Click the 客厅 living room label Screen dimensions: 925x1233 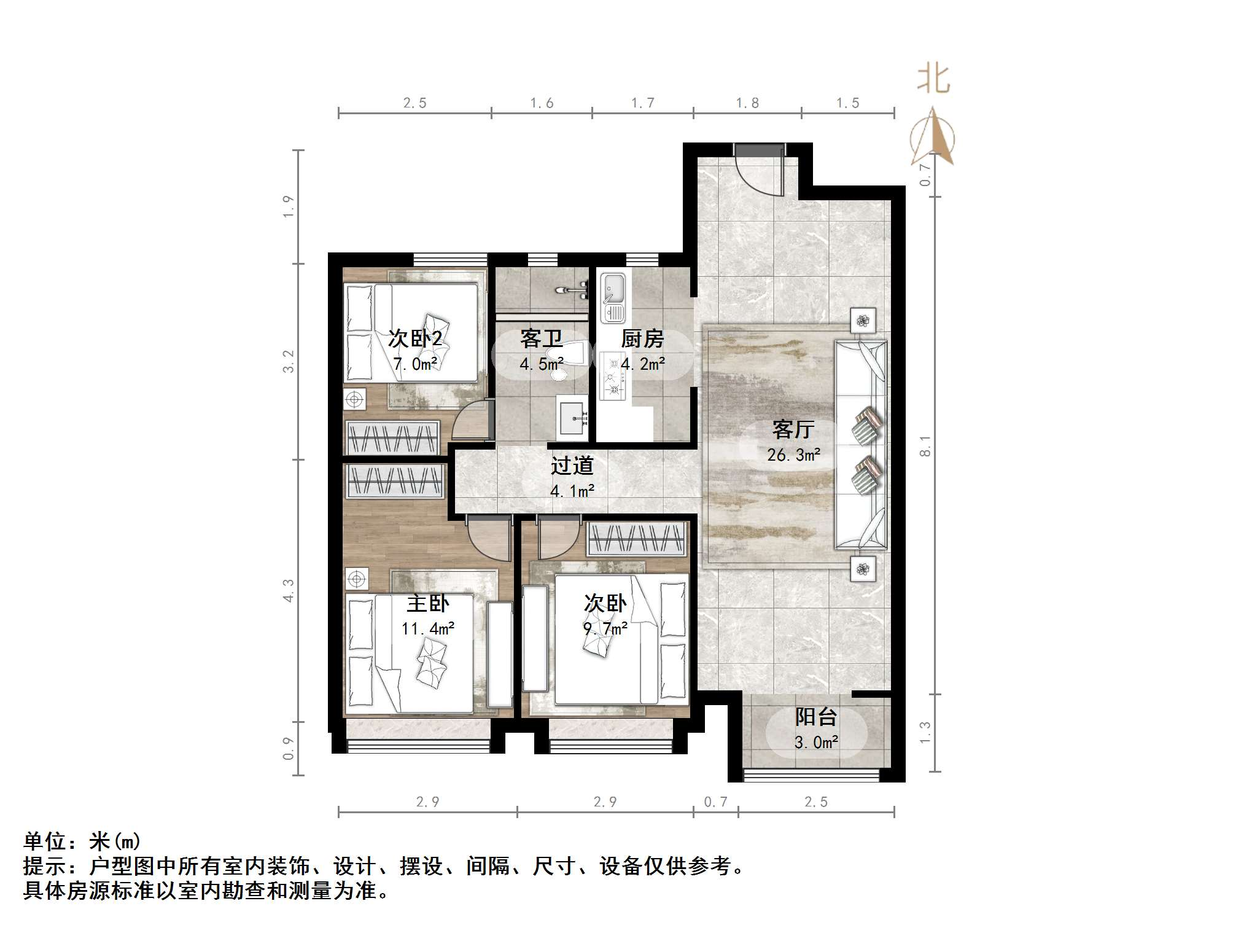[793, 429]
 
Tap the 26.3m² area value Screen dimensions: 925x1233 [793, 455]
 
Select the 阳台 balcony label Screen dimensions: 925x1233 [815, 717]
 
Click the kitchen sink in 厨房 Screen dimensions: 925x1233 [613, 298]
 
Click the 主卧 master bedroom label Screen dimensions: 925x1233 [428, 603]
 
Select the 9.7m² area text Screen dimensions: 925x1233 [605, 629]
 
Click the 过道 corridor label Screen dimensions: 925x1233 [572, 466]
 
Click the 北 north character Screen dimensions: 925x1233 [933, 80]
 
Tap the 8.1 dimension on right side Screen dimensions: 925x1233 [925, 446]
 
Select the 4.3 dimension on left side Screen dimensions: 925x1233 [289, 590]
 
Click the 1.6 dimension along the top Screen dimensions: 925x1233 [542, 103]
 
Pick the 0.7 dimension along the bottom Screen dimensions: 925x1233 [715, 802]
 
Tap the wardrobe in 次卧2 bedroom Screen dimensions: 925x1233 [392, 437]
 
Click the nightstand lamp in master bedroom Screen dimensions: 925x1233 [357, 579]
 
